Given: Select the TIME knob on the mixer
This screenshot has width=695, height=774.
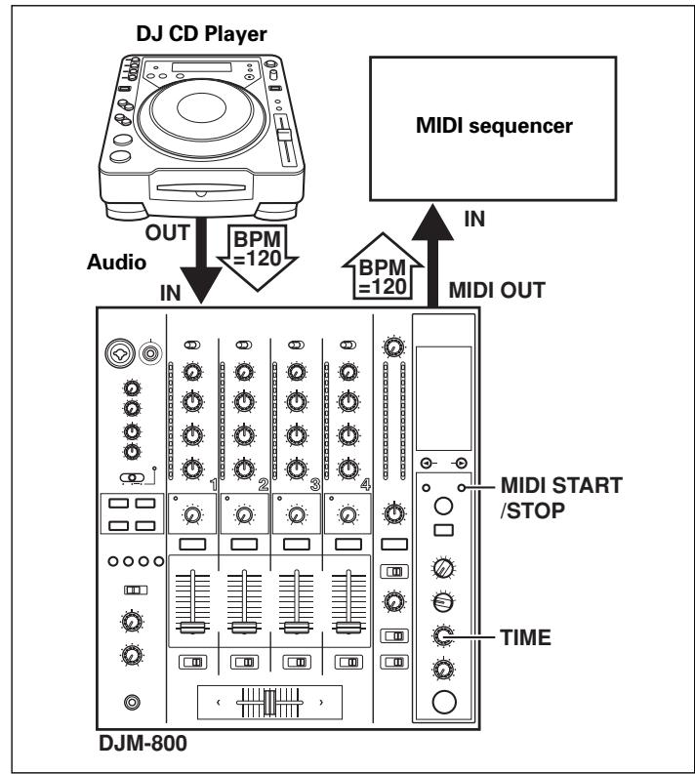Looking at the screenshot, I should (x=443, y=635).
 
